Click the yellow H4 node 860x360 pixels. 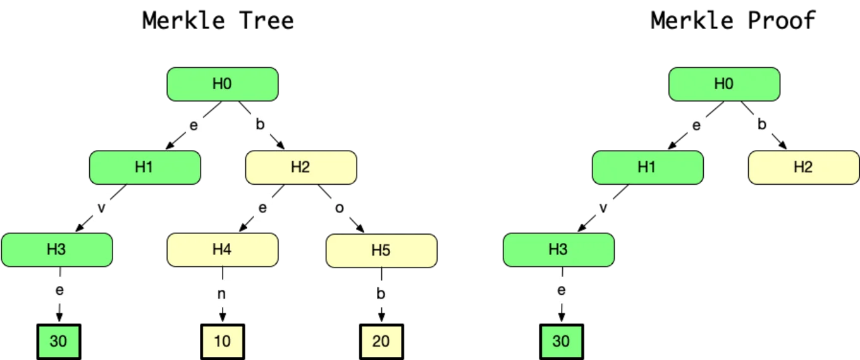[222, 250]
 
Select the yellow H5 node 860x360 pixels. [381, 251]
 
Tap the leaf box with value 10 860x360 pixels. [223, 342]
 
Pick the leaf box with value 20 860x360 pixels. [381, 342]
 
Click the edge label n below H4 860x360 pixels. [222, 294]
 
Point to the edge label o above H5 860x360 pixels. [340, 208]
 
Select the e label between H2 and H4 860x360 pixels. [262, 208]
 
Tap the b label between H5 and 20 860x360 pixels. [381, 294]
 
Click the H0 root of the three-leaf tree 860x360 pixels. [222, 84]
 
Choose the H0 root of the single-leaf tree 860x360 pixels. [724, 84]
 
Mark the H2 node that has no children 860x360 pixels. [803, 168]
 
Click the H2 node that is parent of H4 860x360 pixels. [301, 168]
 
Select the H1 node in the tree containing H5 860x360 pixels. [145, 168]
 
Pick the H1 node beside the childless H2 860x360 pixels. [647, 168]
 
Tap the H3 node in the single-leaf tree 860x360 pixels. [558, 250]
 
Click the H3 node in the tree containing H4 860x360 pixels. [56, 250]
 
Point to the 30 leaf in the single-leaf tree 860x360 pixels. [561, 342]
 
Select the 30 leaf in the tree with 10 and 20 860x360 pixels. [58, 342]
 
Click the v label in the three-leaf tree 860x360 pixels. [101, 208]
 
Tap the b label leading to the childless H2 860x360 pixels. [762, 125]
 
